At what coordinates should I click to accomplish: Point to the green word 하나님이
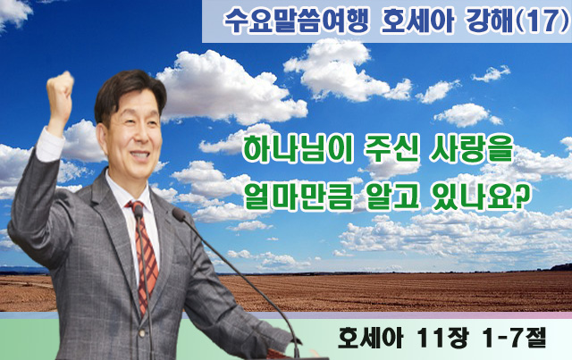(298, 151)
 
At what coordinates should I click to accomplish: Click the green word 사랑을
(471, 151)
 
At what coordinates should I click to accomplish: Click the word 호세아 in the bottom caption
(370, 339)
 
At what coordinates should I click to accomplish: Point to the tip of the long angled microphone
(179, 214)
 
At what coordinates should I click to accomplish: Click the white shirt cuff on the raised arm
(49, 144)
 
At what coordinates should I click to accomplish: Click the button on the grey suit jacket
(143, 333)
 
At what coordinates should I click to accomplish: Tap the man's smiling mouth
(139, 155)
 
